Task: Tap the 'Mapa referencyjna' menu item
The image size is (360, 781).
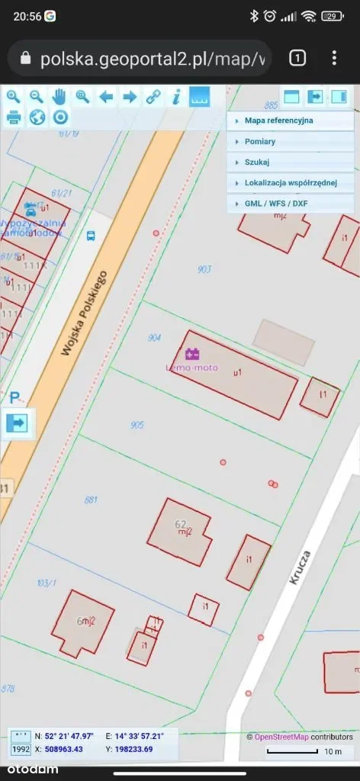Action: (278, 121)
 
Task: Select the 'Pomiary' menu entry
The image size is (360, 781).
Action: (260, 142)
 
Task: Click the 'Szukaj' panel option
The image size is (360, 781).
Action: (257, 162)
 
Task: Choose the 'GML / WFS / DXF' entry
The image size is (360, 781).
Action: (276, 204)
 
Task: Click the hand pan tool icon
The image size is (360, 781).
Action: (59, 97)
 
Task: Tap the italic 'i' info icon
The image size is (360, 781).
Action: (176, 97)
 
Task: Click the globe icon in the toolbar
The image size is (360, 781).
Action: (37, 117)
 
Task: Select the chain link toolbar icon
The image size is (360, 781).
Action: (153, 97)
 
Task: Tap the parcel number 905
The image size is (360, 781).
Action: (137, 425)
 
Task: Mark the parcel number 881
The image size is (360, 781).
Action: (92, 500)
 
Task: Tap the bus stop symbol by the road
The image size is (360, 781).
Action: (91, 236)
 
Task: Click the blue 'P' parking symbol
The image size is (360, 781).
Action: (14, 397)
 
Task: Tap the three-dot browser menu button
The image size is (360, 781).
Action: (334, 58)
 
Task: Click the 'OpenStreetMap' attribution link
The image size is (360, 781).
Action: (281, 737)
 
